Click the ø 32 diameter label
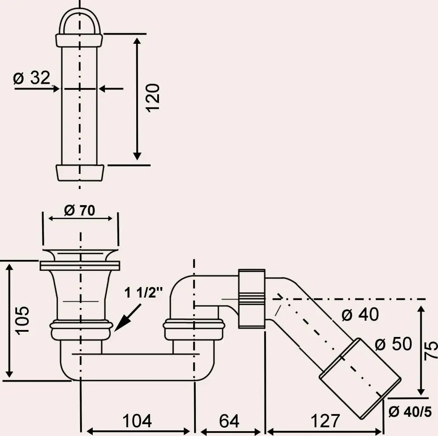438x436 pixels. click(x=32, y=78)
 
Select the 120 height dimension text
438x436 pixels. click(x=153, y=97)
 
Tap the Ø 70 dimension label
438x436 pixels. click(x=79, y=211)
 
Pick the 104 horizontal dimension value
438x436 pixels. click(x=137, y=421)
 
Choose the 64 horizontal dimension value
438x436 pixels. click(x=229, y=421)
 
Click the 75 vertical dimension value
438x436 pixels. click(x=431, y=351)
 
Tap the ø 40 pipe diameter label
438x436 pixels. click(x=360, y=315)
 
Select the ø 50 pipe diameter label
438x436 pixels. click(x=393, y=344)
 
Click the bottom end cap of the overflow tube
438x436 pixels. click(x=81, y=173)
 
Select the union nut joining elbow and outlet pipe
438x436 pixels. click(x=252, y=298)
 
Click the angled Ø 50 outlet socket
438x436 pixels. click(x=359, y=377)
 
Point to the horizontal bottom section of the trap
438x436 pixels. click(x=136, y=366)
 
